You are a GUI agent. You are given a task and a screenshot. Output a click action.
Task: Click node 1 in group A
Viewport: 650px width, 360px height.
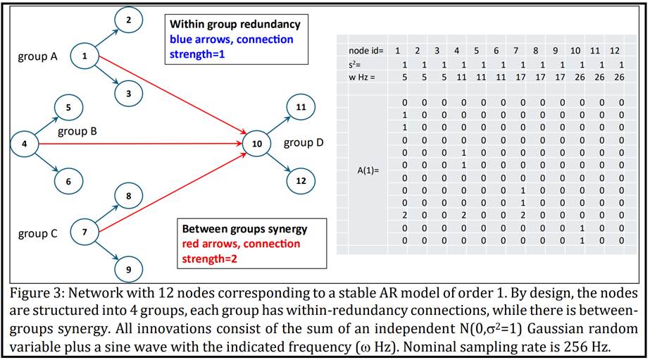point(85,56)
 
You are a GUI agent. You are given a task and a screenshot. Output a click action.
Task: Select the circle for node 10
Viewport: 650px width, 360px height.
point(257,144)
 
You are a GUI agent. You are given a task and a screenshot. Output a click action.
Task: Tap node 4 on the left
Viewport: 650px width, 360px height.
point(25,144)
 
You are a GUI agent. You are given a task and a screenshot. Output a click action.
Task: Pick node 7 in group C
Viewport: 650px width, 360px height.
point(85,232)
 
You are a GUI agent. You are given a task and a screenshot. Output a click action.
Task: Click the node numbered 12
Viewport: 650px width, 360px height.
point(301,180)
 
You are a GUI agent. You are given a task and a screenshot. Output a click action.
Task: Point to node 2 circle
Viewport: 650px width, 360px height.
point(128,20)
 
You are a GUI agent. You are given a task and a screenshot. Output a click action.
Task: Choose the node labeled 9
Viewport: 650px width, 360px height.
point(128,269)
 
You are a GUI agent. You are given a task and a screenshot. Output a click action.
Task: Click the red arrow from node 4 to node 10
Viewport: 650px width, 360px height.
point(141,144)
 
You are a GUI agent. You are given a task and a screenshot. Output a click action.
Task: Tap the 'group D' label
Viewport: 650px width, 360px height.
point(304,143)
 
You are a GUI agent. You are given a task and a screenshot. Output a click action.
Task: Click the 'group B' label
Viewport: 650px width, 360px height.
point(77,131)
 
